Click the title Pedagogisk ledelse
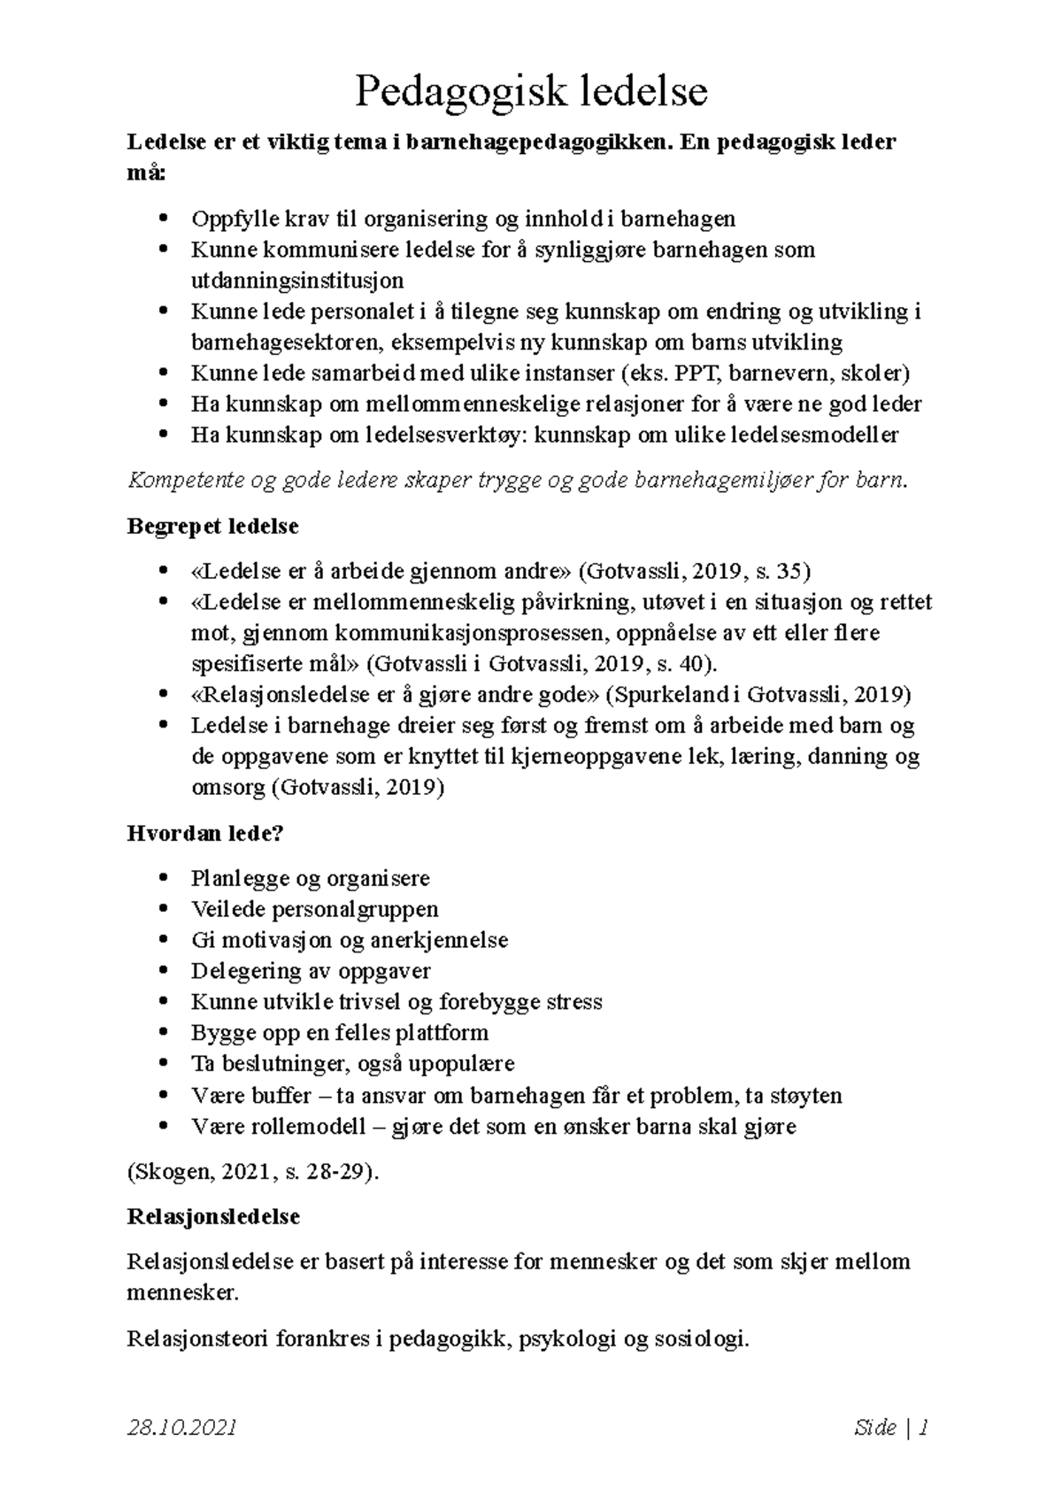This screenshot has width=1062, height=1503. click(x=531, y=92)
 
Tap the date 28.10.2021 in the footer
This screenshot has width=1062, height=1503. click(x=182, y=1427)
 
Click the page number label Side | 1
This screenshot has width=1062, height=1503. click(x=891, y=1427)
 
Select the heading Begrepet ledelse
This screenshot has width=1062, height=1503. click(x=212, y=527)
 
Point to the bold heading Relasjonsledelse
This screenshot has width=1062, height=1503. click(x=213, y=1216)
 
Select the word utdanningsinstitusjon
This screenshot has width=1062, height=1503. click(x=297, y=281)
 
